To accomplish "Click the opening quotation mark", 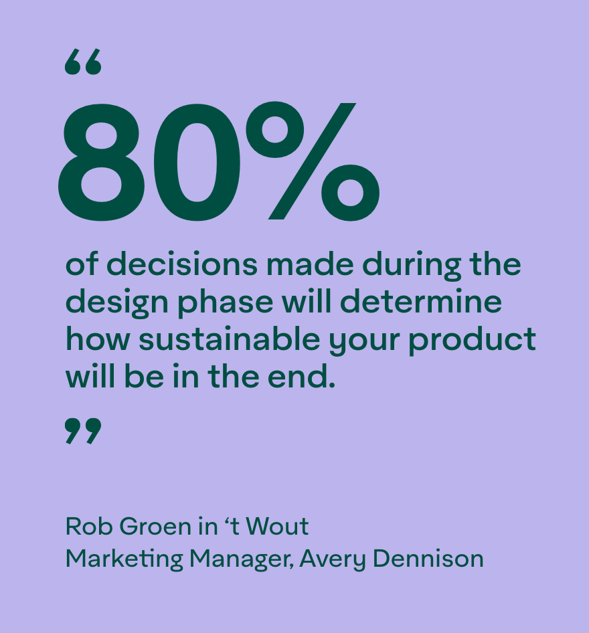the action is pos(83,62).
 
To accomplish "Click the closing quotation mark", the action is pos(83,431).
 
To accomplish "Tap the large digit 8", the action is pos(102,163).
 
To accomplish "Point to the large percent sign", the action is pos(313,161).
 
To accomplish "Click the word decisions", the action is pos(181,264).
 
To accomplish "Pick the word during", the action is pos(412,266).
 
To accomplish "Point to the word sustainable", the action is pos(230,339).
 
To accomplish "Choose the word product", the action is pos(473,341).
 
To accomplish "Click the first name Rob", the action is pos(89,527).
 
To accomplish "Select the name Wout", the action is pos(277,527).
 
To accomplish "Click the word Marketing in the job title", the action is pos(124,560).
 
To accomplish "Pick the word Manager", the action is pos(242,560).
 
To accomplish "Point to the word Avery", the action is pos(333,560).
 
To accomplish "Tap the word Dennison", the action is pos(428,559).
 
